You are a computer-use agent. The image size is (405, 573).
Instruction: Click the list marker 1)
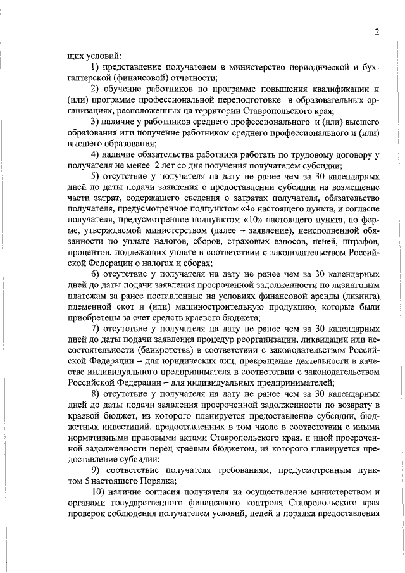96,66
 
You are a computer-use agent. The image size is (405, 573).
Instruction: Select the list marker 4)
96,154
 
